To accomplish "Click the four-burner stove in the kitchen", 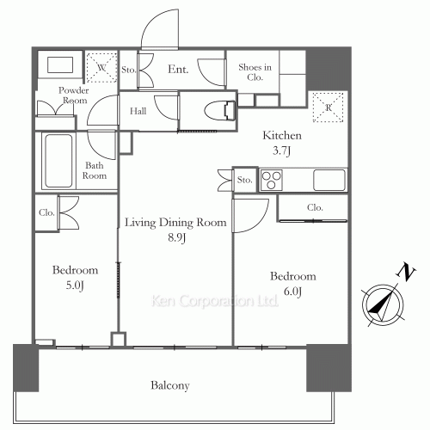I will [272, 180].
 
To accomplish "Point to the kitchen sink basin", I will [329, 180].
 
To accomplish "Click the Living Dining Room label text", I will [175, 223].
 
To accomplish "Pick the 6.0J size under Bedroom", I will [293, 292].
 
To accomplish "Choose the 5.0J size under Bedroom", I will [74, 284].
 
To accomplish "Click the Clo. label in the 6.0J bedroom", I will [315, 207].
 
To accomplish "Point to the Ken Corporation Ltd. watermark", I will [215, 302].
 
